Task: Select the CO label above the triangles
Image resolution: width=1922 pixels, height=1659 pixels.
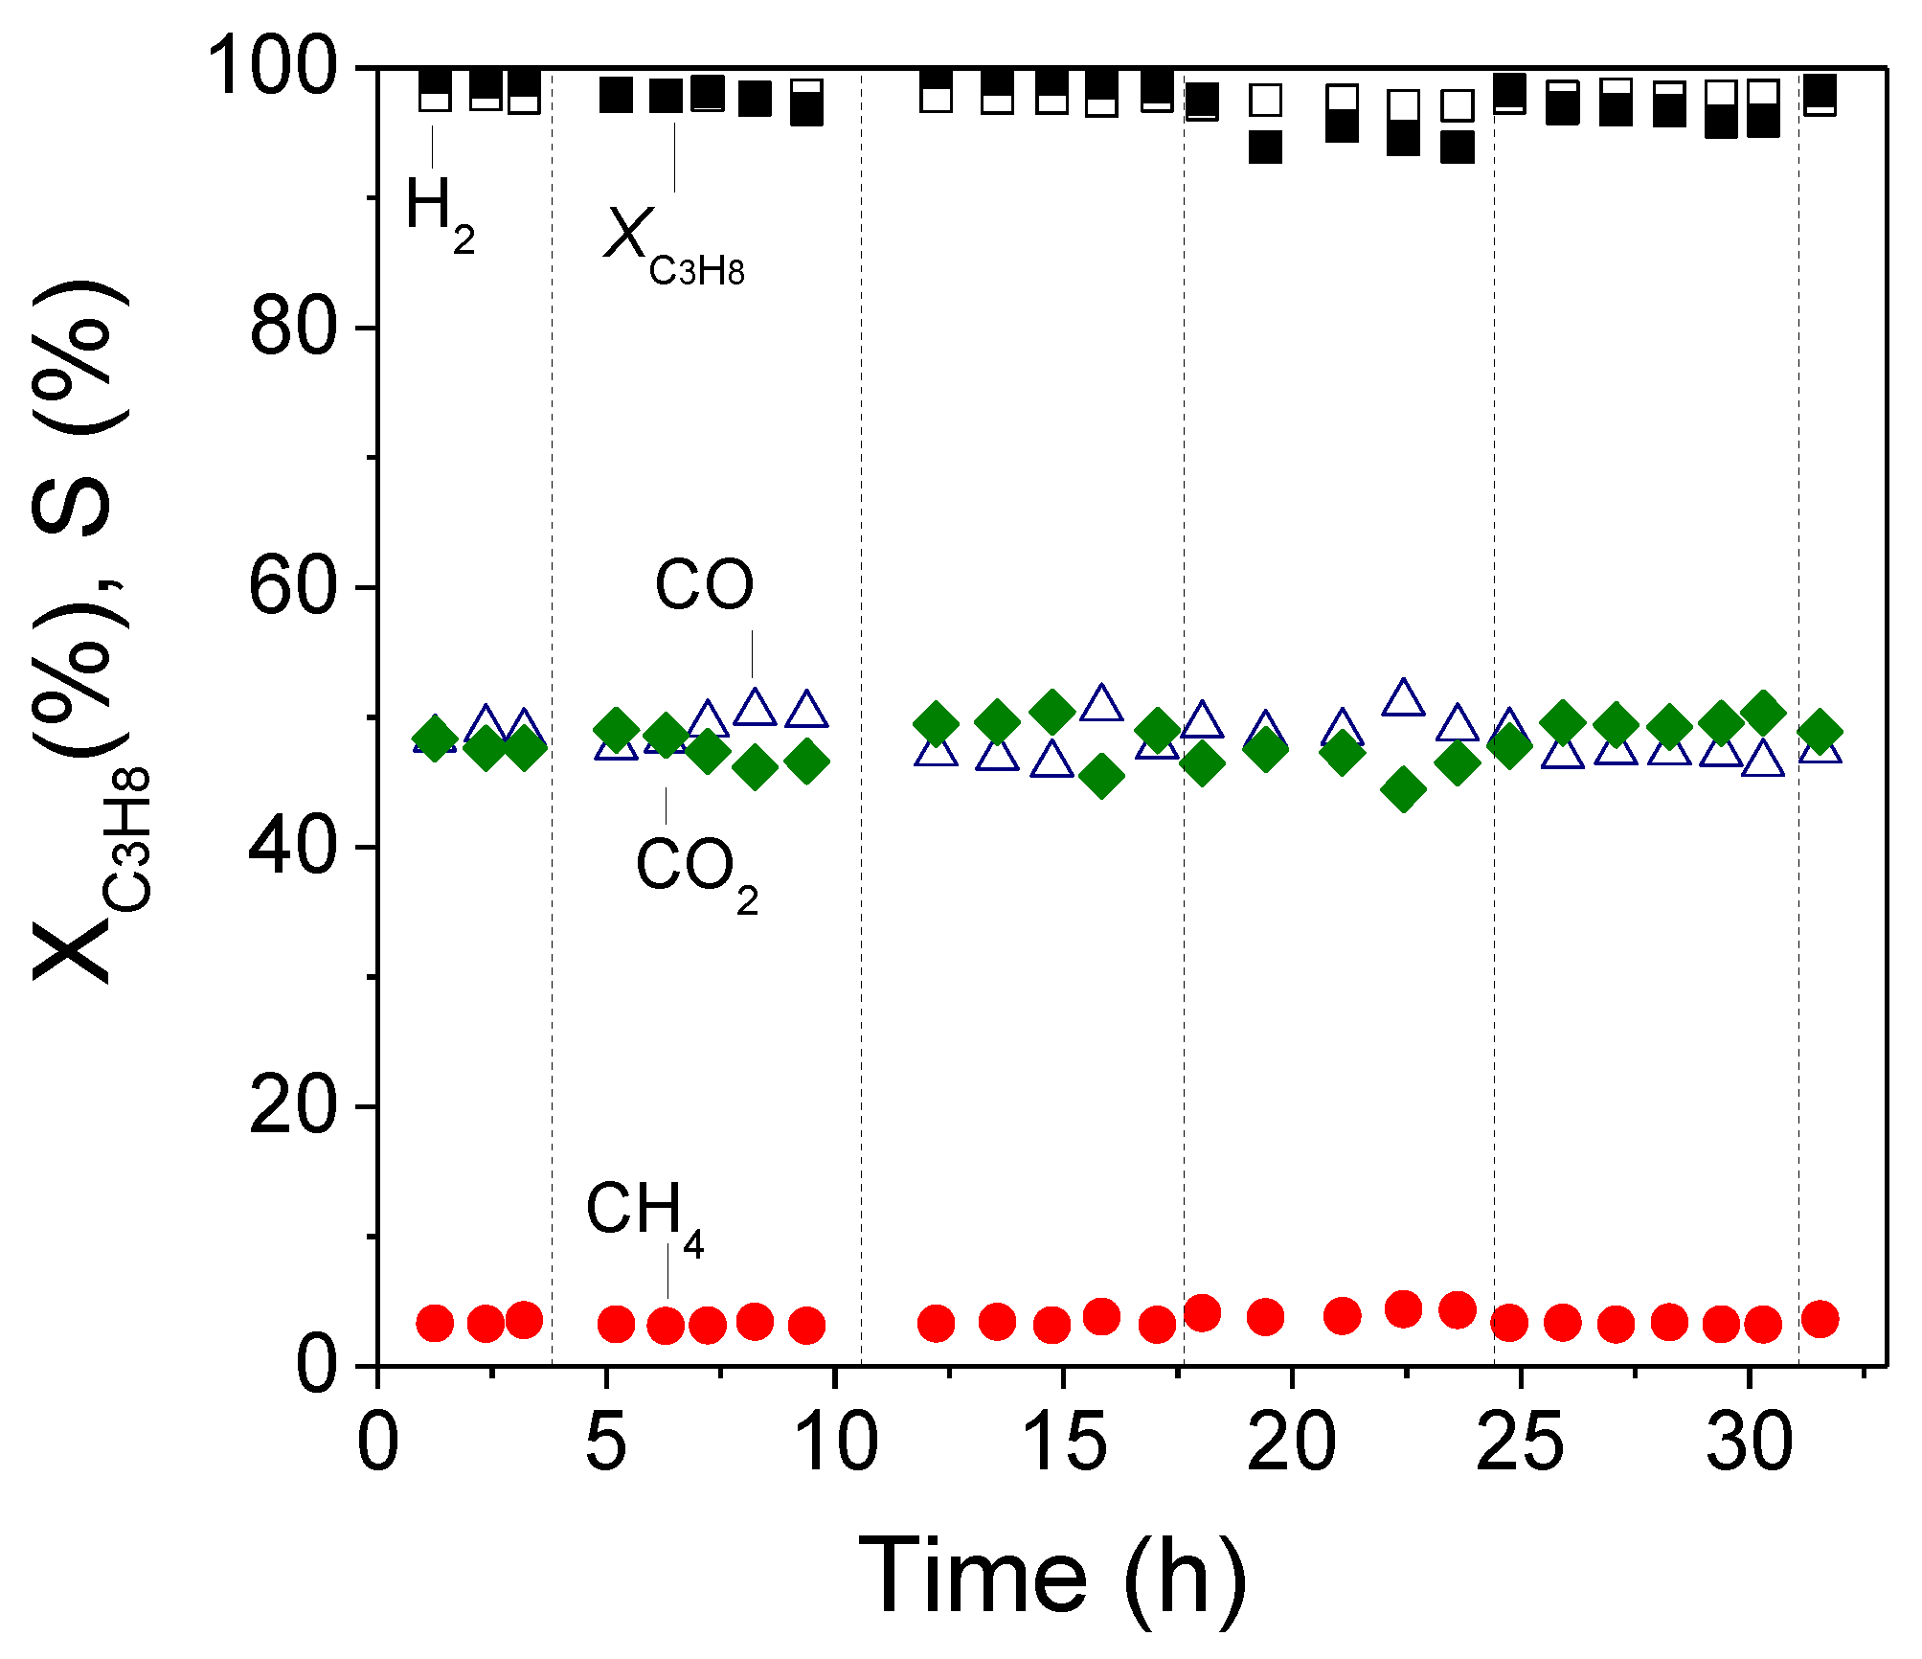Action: click(704, 585)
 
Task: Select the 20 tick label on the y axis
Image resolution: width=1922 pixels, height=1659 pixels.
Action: click(293, 1106)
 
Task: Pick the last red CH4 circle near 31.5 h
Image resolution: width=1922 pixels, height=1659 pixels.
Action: click(1820, 1319)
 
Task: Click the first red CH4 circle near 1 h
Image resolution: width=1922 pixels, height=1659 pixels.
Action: click(435, 1323)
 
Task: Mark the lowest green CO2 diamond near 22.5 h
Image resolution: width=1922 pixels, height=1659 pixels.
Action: click(1403, 789)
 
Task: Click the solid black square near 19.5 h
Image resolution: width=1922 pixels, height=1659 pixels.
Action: click(1265, 147)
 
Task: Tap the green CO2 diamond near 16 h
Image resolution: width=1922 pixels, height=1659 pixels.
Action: click(1101, 775)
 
